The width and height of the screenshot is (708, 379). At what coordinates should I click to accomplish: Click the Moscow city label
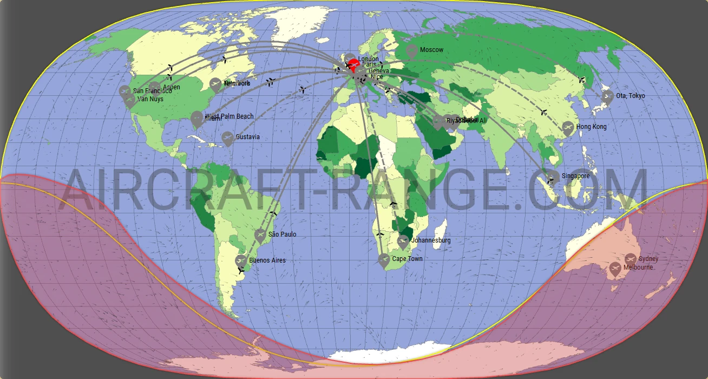(431, 50)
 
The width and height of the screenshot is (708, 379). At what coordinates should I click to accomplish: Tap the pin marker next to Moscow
(411, 51)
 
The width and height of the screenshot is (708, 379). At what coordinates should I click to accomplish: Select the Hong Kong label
(591, 127)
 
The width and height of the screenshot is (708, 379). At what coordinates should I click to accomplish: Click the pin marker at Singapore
(553, 177)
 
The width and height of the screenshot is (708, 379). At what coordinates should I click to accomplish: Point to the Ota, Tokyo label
(630, 96)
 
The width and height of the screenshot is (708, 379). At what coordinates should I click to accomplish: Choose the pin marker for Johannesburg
(403, 241)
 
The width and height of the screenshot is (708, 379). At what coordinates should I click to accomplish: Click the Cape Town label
(407, 259)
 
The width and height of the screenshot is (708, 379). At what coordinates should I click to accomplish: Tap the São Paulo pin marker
(260, 235)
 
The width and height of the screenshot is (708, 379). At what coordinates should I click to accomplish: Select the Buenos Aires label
(267, 260)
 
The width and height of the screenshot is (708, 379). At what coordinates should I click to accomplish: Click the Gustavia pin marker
(227, 138)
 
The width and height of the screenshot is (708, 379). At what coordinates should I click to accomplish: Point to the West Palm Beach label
(230, 116)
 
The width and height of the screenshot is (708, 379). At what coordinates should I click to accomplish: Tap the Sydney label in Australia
(648, 259)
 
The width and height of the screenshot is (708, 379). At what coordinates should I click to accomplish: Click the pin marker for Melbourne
(615, 269)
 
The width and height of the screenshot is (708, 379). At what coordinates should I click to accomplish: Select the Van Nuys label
(150, 99)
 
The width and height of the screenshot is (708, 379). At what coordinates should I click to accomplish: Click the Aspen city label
(171, 87)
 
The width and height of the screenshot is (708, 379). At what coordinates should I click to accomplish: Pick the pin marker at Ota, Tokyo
(608, 97)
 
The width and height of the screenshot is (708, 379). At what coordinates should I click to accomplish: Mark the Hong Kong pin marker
(568, 128)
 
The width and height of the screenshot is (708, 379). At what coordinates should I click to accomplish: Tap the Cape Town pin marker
(384, 260)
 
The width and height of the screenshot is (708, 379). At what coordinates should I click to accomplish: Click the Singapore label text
(575, 176)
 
